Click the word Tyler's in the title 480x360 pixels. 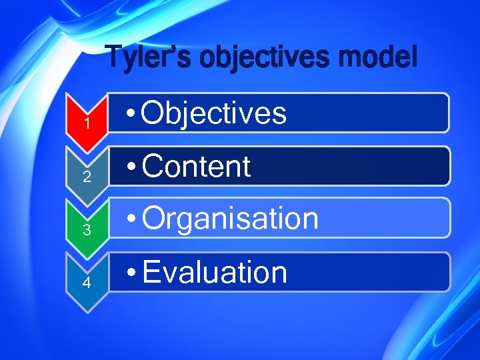[149, 57]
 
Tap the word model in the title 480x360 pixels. [377, 57]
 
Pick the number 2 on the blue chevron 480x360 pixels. [87, 177]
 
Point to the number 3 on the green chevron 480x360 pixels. [87, 231]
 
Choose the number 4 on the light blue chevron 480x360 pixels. [87, 283]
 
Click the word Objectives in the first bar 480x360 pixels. [214, 113]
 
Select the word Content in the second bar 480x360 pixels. [196, 167]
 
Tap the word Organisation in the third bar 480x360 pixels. [230, 219]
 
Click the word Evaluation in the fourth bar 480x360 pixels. [214, 273]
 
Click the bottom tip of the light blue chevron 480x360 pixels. [87, 311]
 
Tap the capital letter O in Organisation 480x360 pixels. [155, 219]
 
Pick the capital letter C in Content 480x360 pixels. [153, 167]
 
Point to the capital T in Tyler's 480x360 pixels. [115, 57]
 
